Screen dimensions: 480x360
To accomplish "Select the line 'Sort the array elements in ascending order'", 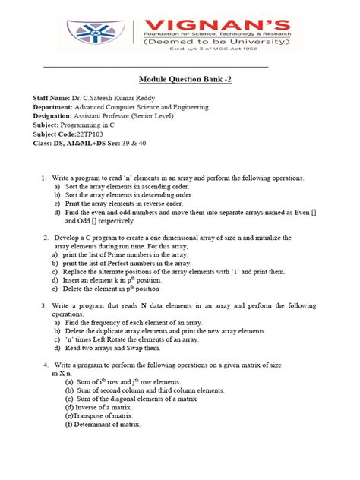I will tap(128, 186).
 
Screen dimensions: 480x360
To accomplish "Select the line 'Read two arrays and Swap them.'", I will tap(112, 349).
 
